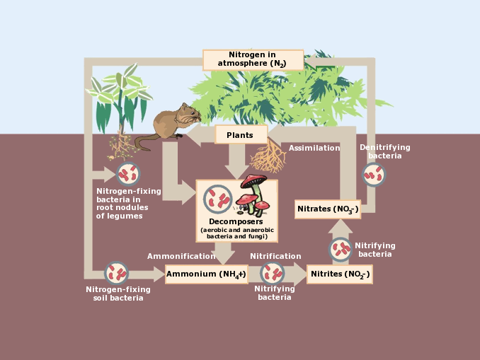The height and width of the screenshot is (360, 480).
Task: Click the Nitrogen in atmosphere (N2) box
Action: tap(253, 59)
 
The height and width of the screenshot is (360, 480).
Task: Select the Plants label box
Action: tap(240, 135)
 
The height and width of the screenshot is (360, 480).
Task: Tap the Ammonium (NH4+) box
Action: tap(206, 274)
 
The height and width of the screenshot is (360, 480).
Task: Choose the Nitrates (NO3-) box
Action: tap(327, 209)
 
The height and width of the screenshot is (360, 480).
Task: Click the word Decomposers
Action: tap(236, 221)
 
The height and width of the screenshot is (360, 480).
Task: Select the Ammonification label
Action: tap(181, 256)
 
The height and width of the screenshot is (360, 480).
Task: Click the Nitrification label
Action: tap(275, 256)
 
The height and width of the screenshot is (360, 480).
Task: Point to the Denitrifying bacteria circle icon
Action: tap(374, 175)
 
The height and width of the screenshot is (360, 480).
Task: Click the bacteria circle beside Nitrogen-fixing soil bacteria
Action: tap(116, 273)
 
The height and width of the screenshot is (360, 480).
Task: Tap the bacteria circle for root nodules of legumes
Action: tap(128, 173)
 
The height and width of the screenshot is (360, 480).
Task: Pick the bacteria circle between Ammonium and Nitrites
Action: tap(273, 273)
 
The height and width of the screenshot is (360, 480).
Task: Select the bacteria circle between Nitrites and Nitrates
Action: tap(341, 249)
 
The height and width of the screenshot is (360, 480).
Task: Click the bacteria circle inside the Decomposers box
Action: tap(217, 199)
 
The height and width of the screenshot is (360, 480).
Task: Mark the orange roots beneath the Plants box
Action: tap(268, 156)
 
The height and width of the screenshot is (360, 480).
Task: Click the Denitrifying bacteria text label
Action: tap(384, 151)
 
